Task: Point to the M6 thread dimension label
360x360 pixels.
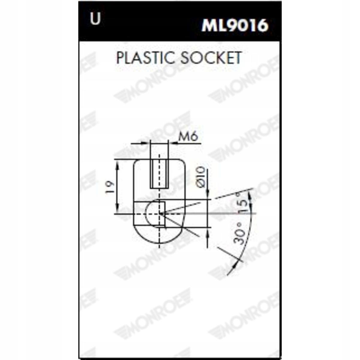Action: pos(188,137)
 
